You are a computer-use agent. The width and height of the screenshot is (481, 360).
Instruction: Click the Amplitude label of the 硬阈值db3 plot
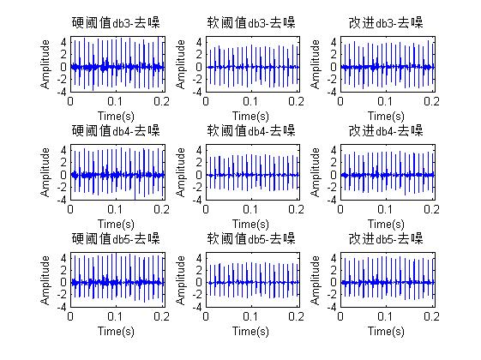(45, 65)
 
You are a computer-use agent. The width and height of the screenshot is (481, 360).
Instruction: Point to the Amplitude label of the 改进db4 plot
(318, 173)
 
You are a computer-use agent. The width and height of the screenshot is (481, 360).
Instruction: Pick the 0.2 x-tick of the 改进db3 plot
(433, 100)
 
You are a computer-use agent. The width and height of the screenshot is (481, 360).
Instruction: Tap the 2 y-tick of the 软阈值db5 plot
(201, 269)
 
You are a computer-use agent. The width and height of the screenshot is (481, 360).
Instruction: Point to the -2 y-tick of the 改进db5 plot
(334, 294)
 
